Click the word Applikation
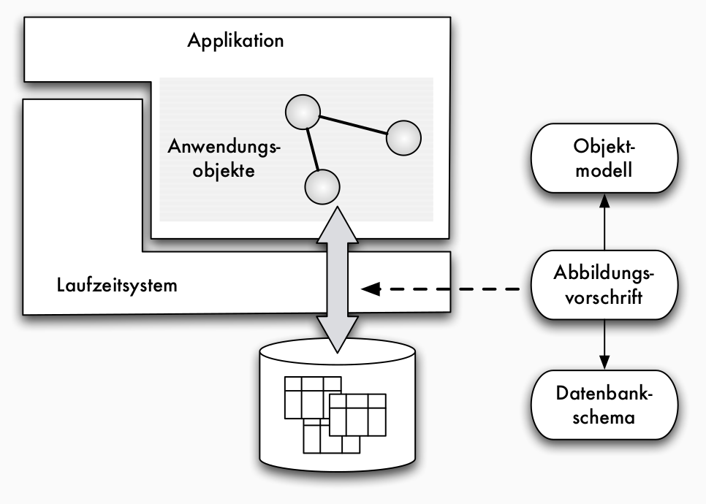(x=235, y=39)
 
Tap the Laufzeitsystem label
(x=117, y=284)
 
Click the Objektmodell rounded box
(x=604, y=159)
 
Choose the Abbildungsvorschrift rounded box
(x=604, y=285)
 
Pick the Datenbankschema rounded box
(x=604, y=405)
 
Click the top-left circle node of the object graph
(x=302, y=113)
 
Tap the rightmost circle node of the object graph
(x=403, y=137)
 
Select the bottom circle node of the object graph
(x=322, y=187)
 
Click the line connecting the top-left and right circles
(x=353, y=126)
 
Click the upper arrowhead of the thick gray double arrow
(x=337, y=224)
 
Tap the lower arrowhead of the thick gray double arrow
(x=337, y=339)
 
